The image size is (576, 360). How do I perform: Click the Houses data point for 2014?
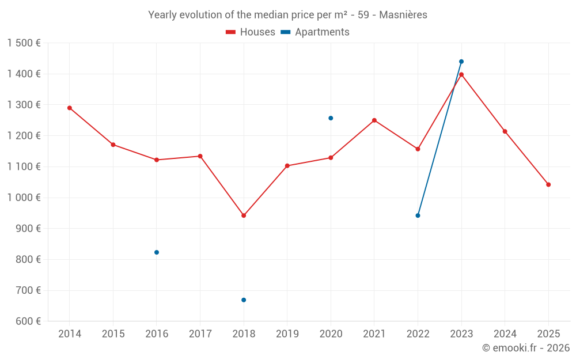click(x=70, y=108)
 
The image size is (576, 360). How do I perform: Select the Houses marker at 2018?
click(x=244, y=215)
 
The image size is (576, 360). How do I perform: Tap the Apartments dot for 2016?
click(x=157, y=252)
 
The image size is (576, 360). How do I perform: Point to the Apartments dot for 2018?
click(x=244, y=300)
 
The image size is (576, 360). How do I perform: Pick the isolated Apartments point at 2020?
click(x=331, y=118)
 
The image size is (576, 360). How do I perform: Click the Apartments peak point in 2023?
click(x=461, y=62)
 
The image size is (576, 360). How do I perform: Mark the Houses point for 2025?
click(x=548, y=185)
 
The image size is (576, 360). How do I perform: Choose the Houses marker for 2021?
click(x=374, y=120)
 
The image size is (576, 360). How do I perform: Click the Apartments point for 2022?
click(x=418, y=215)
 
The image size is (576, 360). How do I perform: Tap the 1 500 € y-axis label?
click(x=24, y=43)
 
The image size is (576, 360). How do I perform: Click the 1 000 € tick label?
click(x=24, y=198)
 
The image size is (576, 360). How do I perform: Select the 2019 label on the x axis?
click(x=287, y=334)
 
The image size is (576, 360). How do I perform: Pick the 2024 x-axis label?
click(x=505, y=334)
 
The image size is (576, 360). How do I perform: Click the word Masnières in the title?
click(x=403, y=15)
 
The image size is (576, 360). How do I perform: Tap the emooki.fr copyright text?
click(x=526, y=348)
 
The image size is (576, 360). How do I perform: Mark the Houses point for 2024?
click(x=505, y=131)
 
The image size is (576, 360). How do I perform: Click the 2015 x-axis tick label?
click(x=113, y=334)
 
